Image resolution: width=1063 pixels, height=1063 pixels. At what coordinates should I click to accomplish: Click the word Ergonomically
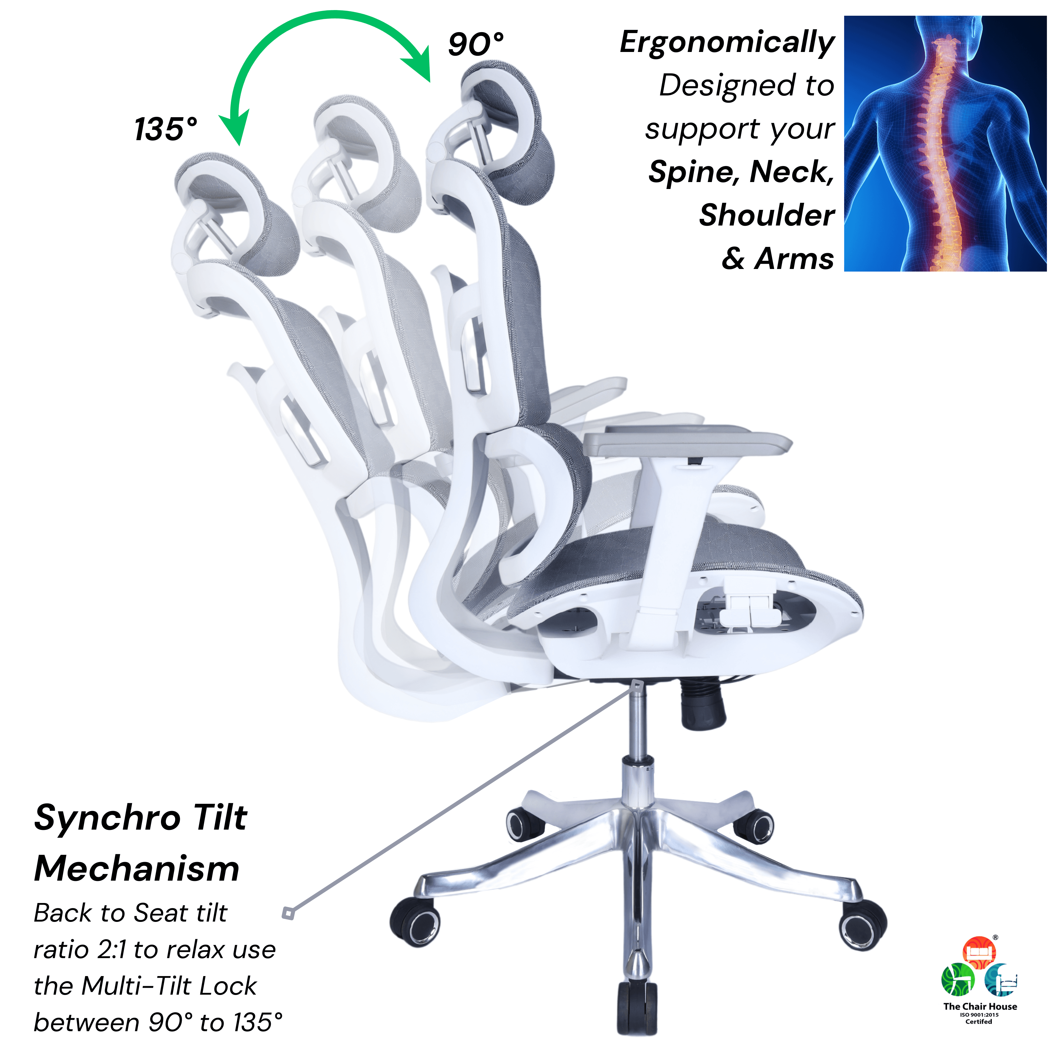click(x=727, y=43)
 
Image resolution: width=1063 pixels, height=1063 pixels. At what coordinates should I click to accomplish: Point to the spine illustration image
click(x=945, y=144)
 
